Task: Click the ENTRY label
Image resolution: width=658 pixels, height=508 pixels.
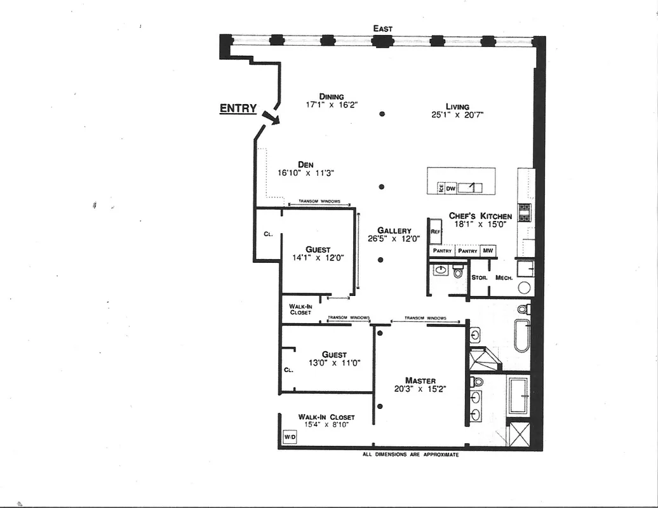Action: point(238,109)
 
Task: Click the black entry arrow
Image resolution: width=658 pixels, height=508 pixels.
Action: point(270,117)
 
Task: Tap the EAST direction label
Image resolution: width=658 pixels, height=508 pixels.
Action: point(383,29)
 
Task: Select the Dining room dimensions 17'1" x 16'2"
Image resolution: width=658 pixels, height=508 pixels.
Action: point(332,105)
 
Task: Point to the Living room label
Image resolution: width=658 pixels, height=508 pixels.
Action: point(457,107)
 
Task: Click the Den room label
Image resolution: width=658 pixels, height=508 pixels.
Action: point(305,164)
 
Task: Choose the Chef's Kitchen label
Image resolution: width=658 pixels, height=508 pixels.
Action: point(480,216)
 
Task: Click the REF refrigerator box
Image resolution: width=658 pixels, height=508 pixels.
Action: point(435,232)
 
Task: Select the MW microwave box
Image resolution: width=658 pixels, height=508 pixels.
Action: point(488,251)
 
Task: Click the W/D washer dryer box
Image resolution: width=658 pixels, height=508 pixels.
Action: point(290,437)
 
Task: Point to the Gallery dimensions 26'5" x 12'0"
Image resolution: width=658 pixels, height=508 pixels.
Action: point(394,239)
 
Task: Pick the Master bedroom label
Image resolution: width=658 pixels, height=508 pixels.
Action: point(420,380)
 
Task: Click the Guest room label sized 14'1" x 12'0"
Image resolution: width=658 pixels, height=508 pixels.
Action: point(318,250)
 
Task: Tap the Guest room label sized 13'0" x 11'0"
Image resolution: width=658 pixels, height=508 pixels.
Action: point(334,354)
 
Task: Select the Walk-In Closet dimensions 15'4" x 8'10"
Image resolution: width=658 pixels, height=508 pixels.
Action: point(326,425)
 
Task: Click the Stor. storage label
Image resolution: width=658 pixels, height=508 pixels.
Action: point(480,277)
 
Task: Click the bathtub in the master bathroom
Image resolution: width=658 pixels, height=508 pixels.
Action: point(521,335)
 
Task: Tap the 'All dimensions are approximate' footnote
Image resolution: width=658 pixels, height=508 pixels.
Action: point(410,455)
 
